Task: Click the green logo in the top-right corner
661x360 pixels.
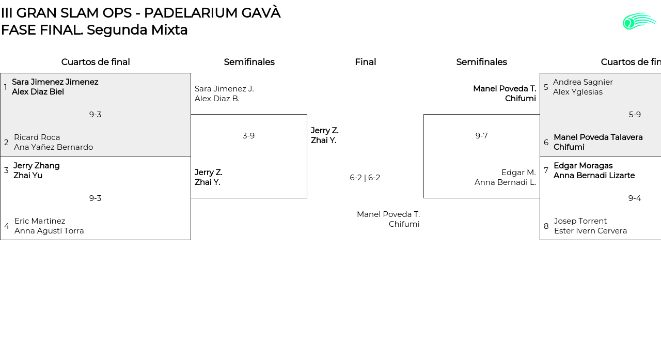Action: tap(639, 21)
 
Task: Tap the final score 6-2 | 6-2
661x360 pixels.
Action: tap(365, 178)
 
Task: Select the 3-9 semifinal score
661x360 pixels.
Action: tap(248, 136)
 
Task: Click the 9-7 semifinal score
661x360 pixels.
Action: tap(481, 136)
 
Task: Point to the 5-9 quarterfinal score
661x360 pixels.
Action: tap(635, 115)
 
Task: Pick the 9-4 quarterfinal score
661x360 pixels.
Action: tap(635, 198)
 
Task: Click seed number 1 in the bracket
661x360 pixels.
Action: tap(6, 87)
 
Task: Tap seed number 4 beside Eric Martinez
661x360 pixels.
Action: tap(7, 226)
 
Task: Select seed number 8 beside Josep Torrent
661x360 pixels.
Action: tap(546, 226)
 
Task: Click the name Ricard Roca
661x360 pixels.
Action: tap(37, 137)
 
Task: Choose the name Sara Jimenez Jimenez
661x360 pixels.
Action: tap(55, 82)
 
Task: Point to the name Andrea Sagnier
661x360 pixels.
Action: tap(583, 82)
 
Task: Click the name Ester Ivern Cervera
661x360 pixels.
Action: tap(590, 231)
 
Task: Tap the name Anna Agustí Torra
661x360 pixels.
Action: tap(49, 231)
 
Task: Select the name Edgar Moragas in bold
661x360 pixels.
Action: tap(583, 166)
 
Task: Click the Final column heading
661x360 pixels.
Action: tap(365, 62)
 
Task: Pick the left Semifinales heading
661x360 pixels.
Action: tap(249, 62)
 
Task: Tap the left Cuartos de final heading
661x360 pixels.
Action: tap(96, 62)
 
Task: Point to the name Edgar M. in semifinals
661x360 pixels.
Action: tap(518, 173)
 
